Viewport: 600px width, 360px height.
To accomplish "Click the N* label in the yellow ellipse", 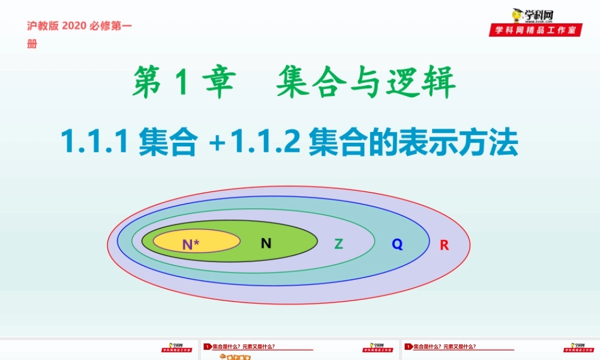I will [191, 244].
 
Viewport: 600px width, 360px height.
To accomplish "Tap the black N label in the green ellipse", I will [266, 243].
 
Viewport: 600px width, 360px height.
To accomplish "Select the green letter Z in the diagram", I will [338, 244].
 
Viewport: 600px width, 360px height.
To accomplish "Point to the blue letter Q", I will [397, 244].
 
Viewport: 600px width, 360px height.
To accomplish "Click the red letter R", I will [444, 245].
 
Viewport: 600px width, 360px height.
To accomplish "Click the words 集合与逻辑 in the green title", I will [365, 83].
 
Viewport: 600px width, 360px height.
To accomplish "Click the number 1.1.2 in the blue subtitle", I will [265, 143].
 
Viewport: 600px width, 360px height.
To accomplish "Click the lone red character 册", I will [32, 44].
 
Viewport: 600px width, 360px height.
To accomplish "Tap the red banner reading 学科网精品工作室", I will [535, 30].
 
